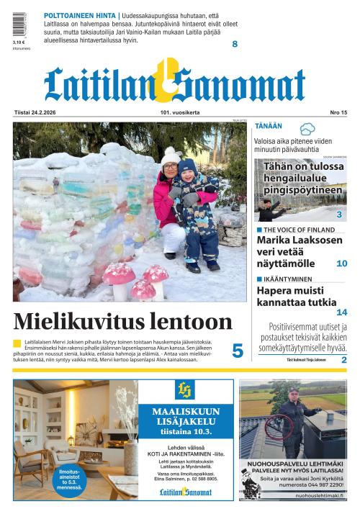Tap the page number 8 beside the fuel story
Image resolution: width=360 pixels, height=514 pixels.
pyautogui.click(x=235, y=45)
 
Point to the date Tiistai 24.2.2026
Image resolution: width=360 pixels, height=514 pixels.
pyautogui.click(x=35, y=112)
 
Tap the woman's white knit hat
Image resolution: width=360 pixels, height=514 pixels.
pyautogui.click(x=171, y=155)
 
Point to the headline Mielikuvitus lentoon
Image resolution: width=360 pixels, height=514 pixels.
pyautogui.click(x=123, y=321)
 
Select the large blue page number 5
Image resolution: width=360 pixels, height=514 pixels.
pyautogui.click(x=238, y=351)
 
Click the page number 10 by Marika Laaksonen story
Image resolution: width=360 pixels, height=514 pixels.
pyautogui.click(x=342, y=264)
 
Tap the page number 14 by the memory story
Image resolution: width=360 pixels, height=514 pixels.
pyautogui.click(x=342, y=312)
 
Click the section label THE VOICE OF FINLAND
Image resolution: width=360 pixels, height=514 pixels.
pyautogui.click(x=300, y=230)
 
